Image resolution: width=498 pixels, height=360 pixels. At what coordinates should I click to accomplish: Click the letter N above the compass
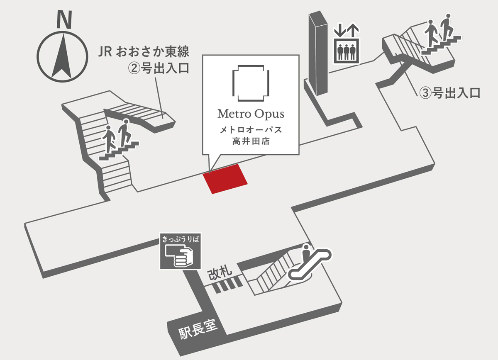[63, 19]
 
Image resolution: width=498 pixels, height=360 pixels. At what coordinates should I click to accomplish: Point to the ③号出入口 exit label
[449, 92]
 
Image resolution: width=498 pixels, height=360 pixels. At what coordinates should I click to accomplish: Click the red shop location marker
[225, 179]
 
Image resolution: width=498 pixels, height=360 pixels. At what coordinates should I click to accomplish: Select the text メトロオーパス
[251, 130]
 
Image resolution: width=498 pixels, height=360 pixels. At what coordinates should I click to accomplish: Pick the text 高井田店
[251, 142]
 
